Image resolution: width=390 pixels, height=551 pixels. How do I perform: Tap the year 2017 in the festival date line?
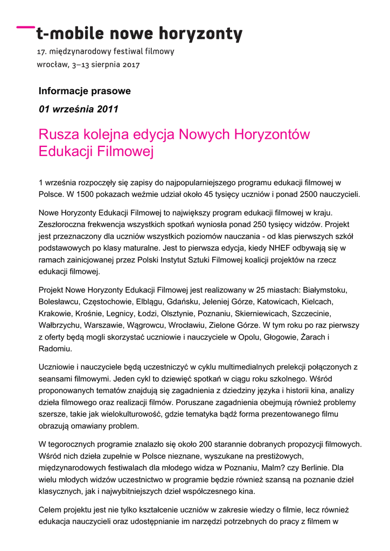[x=131, y=65]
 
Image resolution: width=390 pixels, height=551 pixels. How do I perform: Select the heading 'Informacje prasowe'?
[x=85, y=91]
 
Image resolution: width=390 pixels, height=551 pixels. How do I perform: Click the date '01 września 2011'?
[x=79, y=109]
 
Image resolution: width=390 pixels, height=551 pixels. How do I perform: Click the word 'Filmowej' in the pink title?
[x=127, y=152]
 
